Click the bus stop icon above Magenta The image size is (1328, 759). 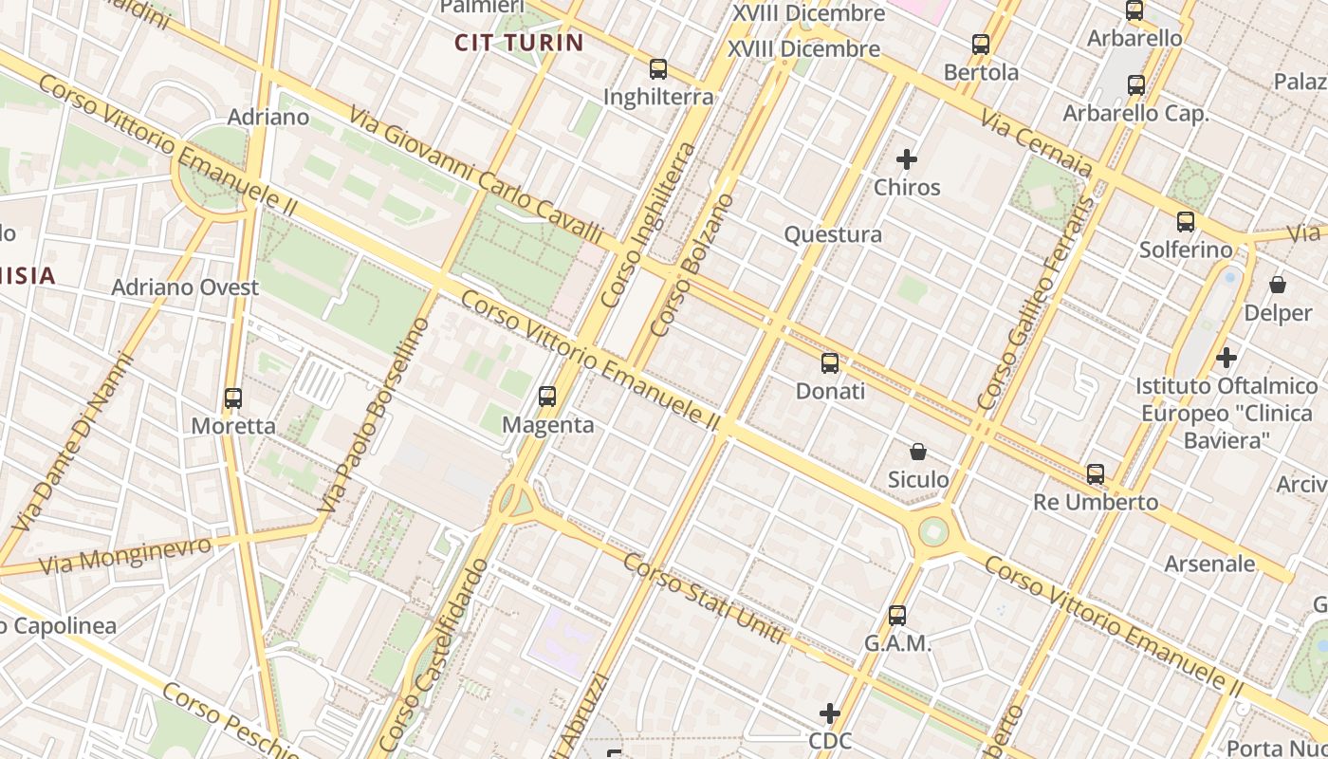547,397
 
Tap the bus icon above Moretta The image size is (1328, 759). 233,398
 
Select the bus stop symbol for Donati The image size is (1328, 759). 830,363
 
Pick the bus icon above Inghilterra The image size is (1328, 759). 658,69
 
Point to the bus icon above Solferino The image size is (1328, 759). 1186,222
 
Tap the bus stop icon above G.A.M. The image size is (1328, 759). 897,616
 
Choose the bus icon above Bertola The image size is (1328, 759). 981,45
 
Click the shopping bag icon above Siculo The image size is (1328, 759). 918,452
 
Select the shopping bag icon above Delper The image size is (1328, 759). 1278,285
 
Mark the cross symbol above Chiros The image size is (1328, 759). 907,159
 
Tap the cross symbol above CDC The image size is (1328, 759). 830,713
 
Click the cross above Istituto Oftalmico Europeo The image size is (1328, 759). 1227,358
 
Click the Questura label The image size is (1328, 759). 833,234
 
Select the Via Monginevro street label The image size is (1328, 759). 125,556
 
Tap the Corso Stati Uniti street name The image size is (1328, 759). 704,599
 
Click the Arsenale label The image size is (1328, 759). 1209,564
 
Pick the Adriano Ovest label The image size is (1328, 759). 185,287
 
